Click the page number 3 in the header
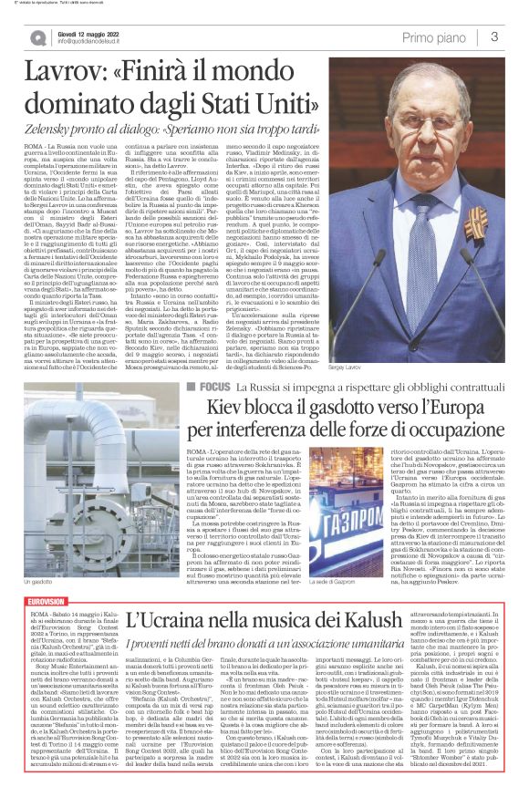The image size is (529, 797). tap(493, 37)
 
